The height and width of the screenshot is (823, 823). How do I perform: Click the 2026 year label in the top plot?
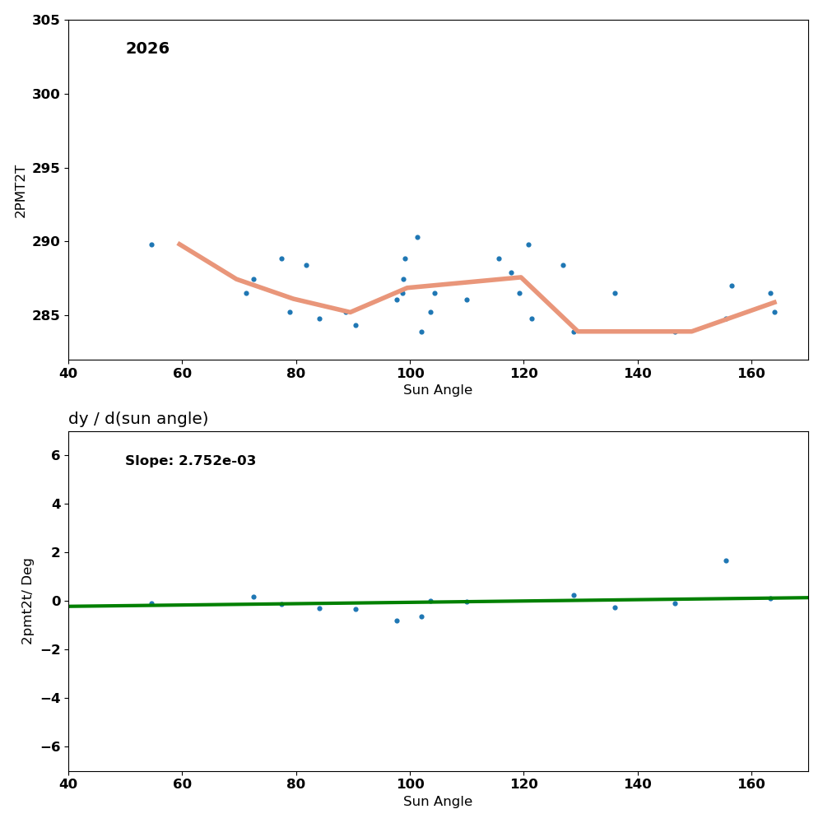pos(147,49)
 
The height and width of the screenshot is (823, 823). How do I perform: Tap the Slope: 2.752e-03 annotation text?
pos(190,461)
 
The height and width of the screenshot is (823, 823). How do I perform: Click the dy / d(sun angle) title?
pos(138,419)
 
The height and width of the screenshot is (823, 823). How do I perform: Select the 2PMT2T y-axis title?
pos(21,191)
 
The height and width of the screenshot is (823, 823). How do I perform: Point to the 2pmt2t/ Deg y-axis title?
pos(27,601)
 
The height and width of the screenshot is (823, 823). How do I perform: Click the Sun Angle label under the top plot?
pos(438,390)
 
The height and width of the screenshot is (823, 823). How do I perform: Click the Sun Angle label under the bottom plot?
pos(438,802)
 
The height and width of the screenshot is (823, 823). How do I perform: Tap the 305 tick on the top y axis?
pos(45,20)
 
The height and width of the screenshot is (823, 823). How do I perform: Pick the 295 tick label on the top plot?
pos(45,168)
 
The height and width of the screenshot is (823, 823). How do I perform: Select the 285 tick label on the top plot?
pos(45,316)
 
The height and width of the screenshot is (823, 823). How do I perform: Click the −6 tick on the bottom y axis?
pos(49,746)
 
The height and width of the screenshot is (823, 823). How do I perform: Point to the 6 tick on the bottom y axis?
pos(55,455)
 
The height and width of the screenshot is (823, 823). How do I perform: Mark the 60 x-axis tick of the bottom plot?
pos(182,784)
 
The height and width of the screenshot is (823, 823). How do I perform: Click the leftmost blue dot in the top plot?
pos(151,244)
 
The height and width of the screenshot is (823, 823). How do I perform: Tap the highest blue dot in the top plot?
pos(417,237)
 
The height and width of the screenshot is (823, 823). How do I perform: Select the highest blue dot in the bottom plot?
pos(726,560)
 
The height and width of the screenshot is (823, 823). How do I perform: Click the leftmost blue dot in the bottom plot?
pos(151,603)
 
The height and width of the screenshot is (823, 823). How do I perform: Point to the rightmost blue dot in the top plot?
pos(774,312)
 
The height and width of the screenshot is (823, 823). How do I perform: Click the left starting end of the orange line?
pos(179,244)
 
